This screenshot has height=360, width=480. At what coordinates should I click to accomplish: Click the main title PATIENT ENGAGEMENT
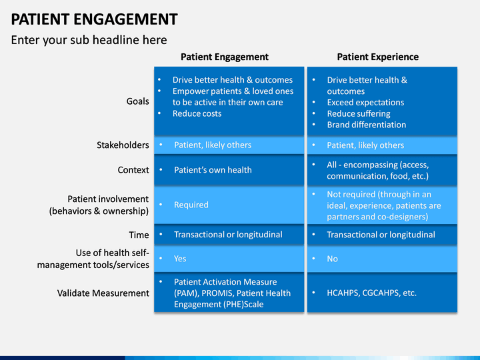coord(94,19)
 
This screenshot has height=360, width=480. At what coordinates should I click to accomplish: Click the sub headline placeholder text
coord(89,40)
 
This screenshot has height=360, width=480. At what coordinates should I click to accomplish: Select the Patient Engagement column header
coord(225,57)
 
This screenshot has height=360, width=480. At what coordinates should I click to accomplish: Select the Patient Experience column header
coord(378,57)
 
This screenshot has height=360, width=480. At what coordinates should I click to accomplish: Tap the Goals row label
coord(138,101)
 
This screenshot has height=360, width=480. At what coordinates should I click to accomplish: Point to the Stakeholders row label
coord(123,145)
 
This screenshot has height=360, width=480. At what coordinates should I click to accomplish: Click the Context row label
coord(133,170)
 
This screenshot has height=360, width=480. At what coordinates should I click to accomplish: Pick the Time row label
coord(139,235)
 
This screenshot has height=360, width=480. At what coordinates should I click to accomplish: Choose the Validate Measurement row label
coord(103,293)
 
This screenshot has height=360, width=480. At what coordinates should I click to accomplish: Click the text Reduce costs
coord(197,113)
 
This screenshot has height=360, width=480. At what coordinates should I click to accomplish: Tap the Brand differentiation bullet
coord(367,125)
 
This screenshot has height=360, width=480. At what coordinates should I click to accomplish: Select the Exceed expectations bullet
coord(365,103)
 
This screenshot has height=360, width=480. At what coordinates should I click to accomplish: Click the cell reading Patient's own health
coord(213,170)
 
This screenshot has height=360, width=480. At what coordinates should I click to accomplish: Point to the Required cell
coord(191,205)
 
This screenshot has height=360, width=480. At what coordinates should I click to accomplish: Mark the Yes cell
coord(180,259)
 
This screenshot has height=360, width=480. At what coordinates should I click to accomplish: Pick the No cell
coord(332,259)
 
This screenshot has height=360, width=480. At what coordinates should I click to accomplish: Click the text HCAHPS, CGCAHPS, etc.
coord(371,293)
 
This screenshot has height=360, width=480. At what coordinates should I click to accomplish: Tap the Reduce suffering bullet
coord(359,114)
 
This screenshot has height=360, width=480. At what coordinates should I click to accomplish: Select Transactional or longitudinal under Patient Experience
coord(381,235)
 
